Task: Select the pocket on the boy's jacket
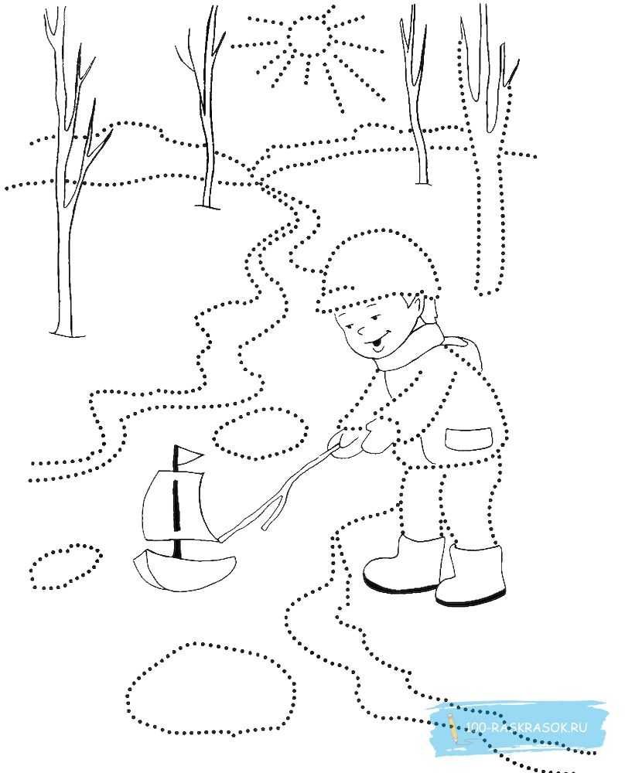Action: pos(469,438)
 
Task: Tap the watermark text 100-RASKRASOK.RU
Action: pos(526,727)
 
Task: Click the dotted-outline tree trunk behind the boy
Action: pos(486,207)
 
